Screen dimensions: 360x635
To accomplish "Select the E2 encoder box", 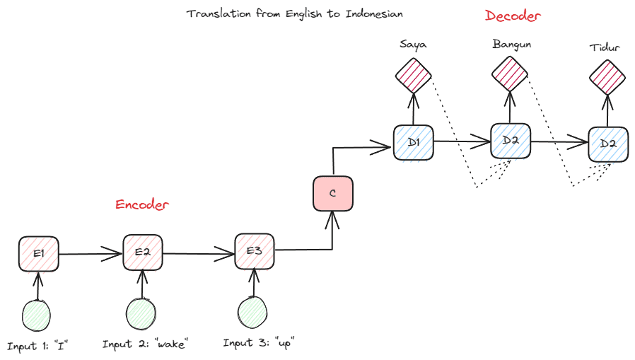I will [144, 252].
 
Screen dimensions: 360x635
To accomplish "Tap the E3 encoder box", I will [255, 252].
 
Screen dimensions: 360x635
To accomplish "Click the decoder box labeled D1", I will [413, 143].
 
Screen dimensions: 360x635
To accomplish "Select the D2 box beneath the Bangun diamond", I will [511, 141].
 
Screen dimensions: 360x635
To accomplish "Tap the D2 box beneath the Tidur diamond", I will [607, 145].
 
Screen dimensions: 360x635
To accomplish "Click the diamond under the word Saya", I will [413, 75].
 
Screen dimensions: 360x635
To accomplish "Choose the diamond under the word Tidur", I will [607, 76].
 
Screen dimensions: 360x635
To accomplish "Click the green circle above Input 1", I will [38, 315].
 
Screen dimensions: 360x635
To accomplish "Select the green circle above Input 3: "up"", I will [253, 313].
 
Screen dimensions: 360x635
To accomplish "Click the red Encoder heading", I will [143, 205].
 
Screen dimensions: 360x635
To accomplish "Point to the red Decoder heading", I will [514, 16].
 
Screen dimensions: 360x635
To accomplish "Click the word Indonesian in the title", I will [374, 14].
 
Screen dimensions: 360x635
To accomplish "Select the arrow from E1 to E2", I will [92, 252].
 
